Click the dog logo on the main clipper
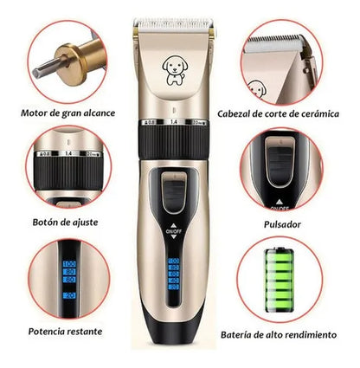point(173,71)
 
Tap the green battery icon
point(280,281)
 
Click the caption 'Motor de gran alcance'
point(67,113)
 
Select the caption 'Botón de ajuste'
point(65,223)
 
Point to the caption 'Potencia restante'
point(65,332)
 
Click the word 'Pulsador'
point(282,224)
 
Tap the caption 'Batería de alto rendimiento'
point(279,335)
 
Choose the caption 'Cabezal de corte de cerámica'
point(278,113)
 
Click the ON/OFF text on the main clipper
point(174,231)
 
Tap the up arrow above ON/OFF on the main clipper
point(173,225)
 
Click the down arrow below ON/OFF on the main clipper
point(173,236)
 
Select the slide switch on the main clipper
point(173,192)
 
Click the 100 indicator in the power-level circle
point(69,264)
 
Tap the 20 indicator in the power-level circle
point(69,295)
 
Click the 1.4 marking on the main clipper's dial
point(174,122)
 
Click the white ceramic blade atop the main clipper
point(173,25)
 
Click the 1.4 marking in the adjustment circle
point(68,153)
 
